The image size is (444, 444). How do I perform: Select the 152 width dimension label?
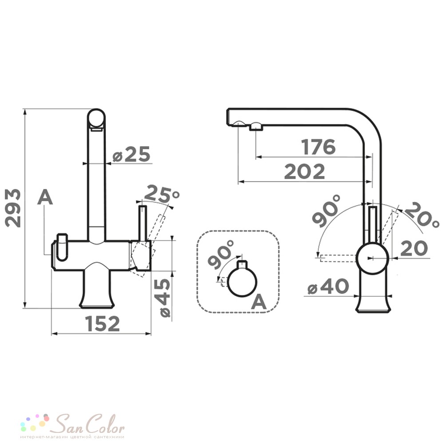pyautogui.click(x=103, y=324)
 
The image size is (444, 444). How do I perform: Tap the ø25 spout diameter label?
pyautogui.click(x=131, y=155)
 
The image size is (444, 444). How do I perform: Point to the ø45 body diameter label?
pyautogui.click(x=165, y=297)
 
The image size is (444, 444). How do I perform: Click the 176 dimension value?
pyautogui.click(x=318, y=147)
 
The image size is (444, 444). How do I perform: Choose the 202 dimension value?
pyautogui.click(x=305, y=171)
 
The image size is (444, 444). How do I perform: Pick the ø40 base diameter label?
pyautogui.click(x=328, y=286)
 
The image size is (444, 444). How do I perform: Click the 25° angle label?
pyautogui.click(x=162, y=194)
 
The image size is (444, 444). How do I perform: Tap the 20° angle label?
pyautogui.click(x=421, y=214)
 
